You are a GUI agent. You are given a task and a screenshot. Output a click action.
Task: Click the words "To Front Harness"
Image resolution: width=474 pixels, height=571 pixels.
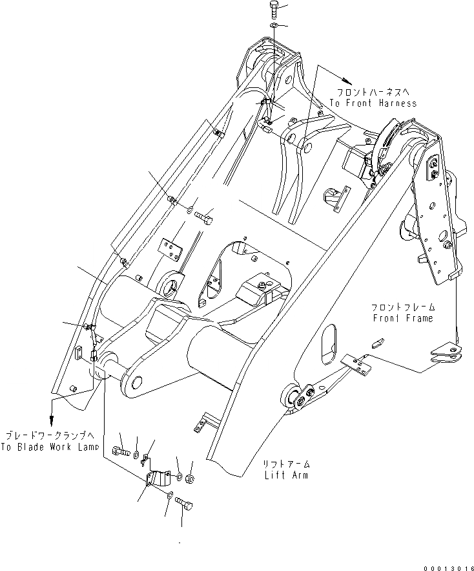coord(373,103)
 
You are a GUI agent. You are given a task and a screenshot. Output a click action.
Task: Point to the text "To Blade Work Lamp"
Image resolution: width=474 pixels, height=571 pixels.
coord(50,447)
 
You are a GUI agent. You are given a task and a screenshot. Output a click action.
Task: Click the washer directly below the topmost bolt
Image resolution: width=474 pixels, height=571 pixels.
coord(273,25)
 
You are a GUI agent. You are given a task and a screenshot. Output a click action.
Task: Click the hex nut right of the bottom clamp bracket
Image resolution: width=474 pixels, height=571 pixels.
coord(191,479)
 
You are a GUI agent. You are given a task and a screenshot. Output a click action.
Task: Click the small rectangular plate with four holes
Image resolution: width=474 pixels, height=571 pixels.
coord(170,249)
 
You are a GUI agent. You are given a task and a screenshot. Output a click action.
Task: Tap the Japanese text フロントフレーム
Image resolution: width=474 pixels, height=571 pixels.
coord(404,307)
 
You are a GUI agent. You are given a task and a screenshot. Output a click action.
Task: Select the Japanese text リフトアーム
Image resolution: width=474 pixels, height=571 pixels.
coord(285,464)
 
